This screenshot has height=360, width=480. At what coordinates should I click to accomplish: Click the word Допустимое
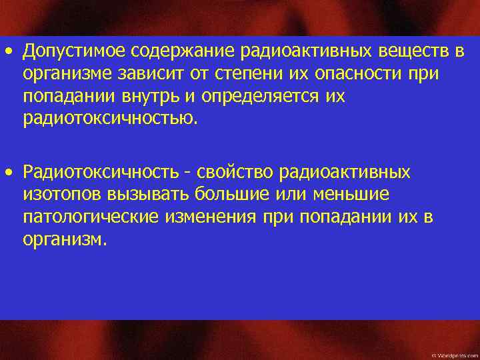coord(74,51)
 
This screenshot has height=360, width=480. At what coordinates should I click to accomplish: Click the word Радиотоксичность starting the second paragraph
coord(99,173)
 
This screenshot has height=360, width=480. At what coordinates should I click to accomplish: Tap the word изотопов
coord(61,195)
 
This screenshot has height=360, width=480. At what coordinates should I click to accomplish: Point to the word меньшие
coord(356,195)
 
